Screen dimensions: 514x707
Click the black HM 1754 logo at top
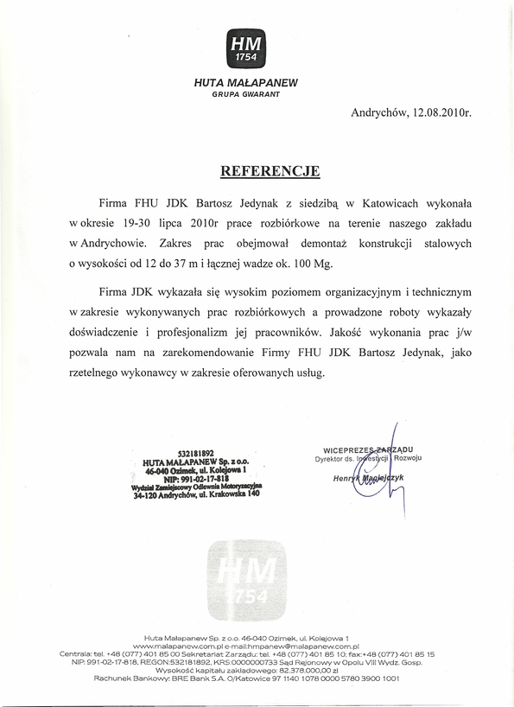[245, 48]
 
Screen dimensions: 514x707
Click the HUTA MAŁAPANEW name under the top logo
[245, 82]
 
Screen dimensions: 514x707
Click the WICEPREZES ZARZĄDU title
[367, 450]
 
